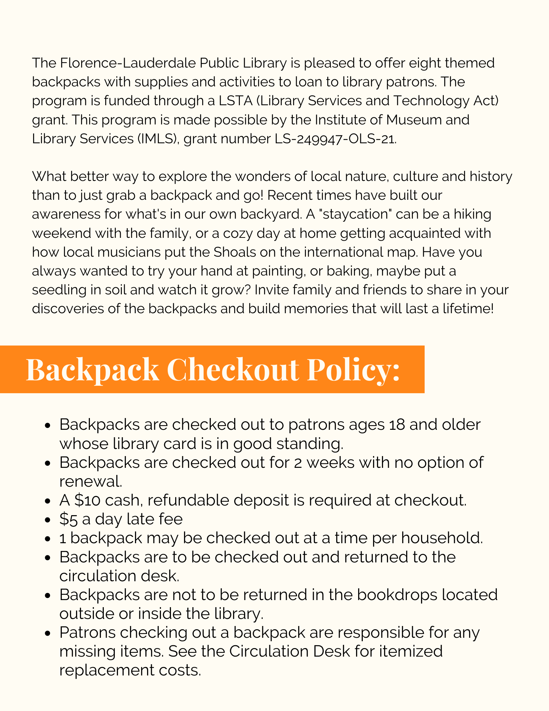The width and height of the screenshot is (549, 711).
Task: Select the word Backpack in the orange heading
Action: [x=92, y=370]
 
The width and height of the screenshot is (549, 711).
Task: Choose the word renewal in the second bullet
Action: [x=91, y=482]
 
